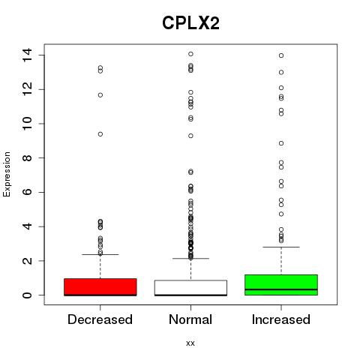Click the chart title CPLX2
click(x=190, y=23)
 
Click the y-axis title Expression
click(x=7, y=174)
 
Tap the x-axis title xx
click(x=190, y=343)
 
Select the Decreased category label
click(x=100, y=319)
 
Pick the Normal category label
click(x=190, y=319)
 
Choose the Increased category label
click(x=281, y=319)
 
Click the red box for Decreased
click(x=100, y=287)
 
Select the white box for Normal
click(x=190, y=288)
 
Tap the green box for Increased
click(x=281, y=285)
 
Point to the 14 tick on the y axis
click(x=27, y=55)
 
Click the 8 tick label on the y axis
click(x=27, y=157)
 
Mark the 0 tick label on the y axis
click(x=27, y=295)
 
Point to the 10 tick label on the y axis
click(x=27, y=124)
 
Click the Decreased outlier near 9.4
click(x=100, y=134)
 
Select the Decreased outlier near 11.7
click(x=100, y=95)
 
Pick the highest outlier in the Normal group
click(x=190, y=54)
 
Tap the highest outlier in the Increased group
click(x=281, y=55)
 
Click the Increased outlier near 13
click(x=281, y=73)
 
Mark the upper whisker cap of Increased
click(x=281, y=247)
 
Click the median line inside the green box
click(x=281, y=289)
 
